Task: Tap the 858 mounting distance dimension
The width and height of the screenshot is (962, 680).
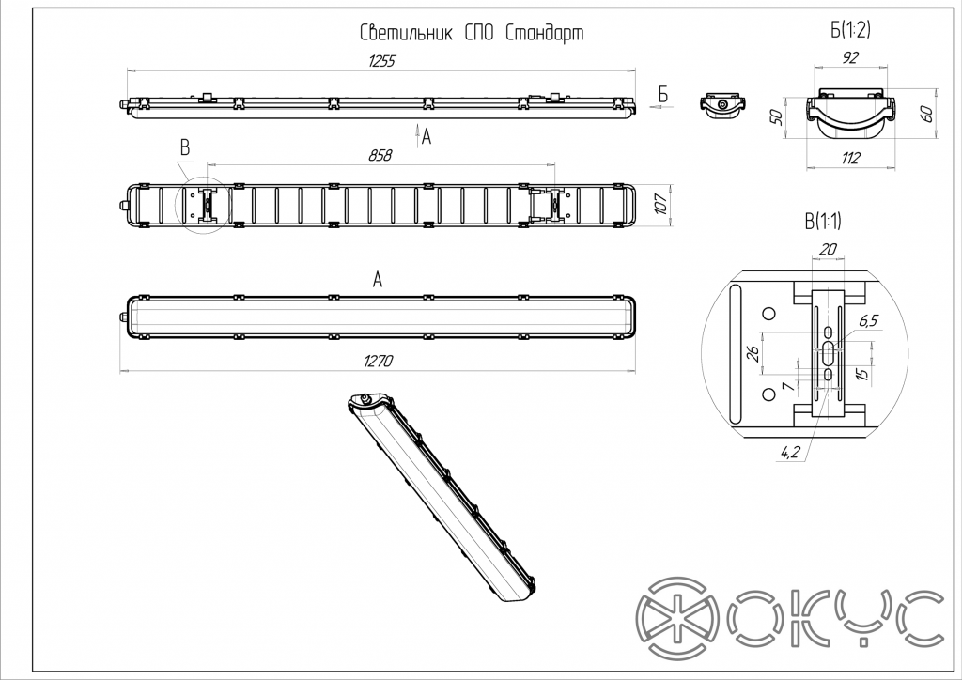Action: (x=381, y=156)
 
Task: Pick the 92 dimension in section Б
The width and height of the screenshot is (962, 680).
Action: (x=850, y=59)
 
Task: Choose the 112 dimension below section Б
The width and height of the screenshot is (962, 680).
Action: (x=850, y=159)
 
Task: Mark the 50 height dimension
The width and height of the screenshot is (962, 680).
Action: (x=777, y=117)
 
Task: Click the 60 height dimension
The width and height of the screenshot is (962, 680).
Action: (x=925, y=114)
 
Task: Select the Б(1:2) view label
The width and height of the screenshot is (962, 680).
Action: (x=851, y=31)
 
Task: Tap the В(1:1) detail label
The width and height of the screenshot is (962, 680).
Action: (x=823, y=222)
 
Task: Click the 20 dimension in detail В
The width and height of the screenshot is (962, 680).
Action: (x=827, y=249)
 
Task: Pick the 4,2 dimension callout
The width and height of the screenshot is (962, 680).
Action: (x=790, y=453)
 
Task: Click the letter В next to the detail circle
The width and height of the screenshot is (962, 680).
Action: (x=185, y=147)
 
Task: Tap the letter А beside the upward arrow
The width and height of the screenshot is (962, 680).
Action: (x=427, y=137)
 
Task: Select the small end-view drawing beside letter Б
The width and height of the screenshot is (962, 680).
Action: (x=721, y=104)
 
